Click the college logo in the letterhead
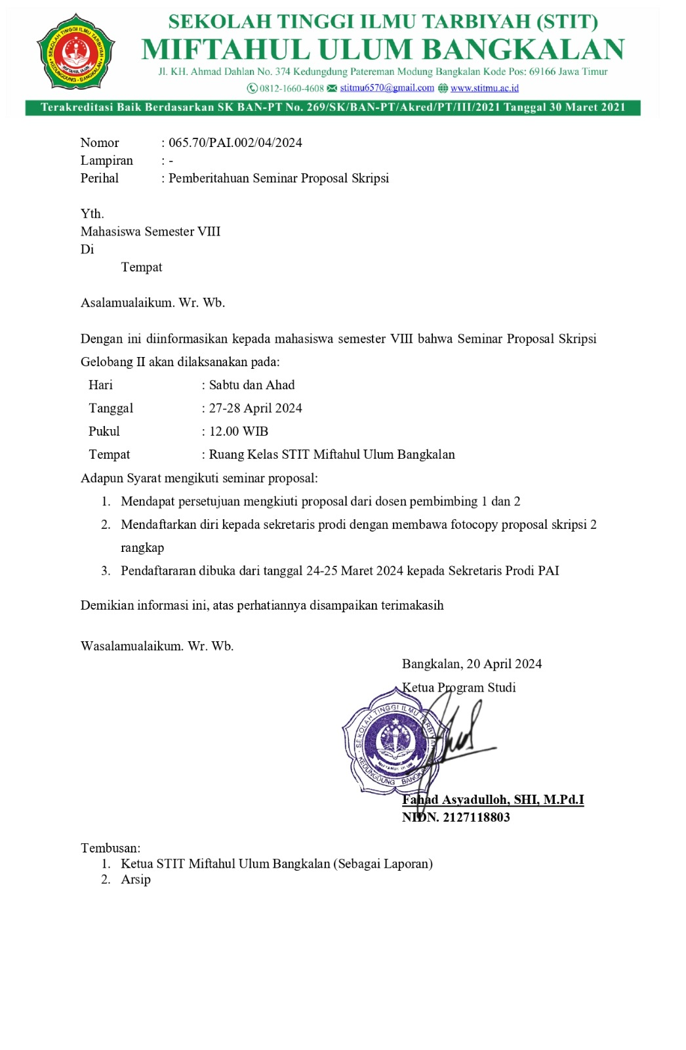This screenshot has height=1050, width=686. click(x=75, y=51)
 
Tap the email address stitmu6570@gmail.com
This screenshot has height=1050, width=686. click(x=387, y=88)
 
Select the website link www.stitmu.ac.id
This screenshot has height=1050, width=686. click(x=484, y=88)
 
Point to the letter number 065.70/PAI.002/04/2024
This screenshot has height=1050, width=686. click(x=235, y=142)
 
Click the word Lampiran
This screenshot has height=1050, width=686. click(x=106, y=160)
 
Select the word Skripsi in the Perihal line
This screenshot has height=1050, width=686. click(x=370, y=178)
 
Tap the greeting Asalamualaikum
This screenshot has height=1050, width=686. click(x=127, y=303)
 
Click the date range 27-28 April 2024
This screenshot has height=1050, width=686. click(x=255, y=408)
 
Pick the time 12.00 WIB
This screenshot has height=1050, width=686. click(x=239, y=431)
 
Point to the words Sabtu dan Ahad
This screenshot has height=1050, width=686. click(x=252, y=385)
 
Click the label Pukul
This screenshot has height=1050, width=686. click(x=104, y=431)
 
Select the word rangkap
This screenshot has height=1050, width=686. click(x=142, y=547)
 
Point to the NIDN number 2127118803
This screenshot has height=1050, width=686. click(x=476, y=817)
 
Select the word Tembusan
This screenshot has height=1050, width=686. click(x=110, y=848)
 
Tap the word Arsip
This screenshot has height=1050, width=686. click(x=136, y=879)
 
